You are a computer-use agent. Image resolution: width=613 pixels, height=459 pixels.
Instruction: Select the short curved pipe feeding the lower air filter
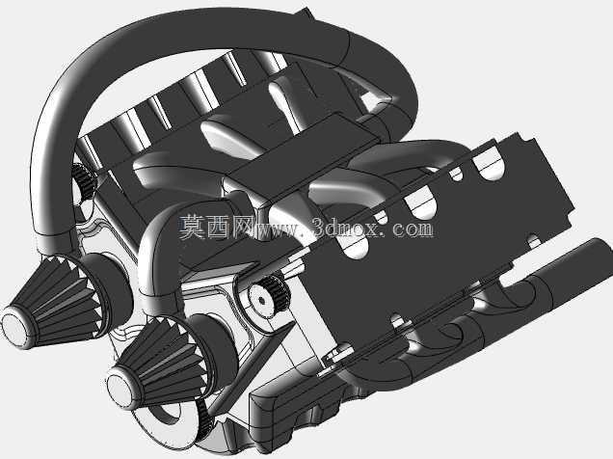(156, 250)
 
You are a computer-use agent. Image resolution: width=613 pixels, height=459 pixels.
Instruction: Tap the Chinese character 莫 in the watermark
(193, 227)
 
